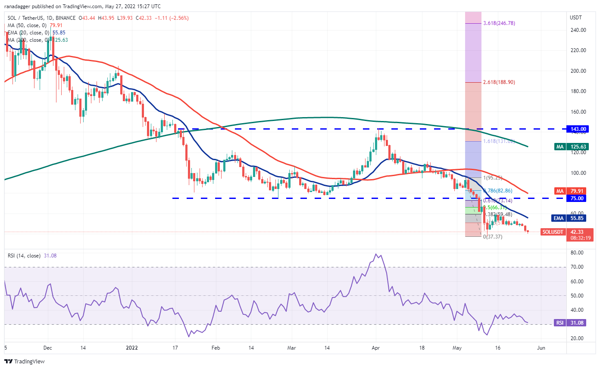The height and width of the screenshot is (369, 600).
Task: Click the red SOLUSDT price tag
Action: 568,232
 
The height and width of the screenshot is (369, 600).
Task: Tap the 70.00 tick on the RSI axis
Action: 577,267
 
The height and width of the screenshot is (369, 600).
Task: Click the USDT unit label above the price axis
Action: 576,18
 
